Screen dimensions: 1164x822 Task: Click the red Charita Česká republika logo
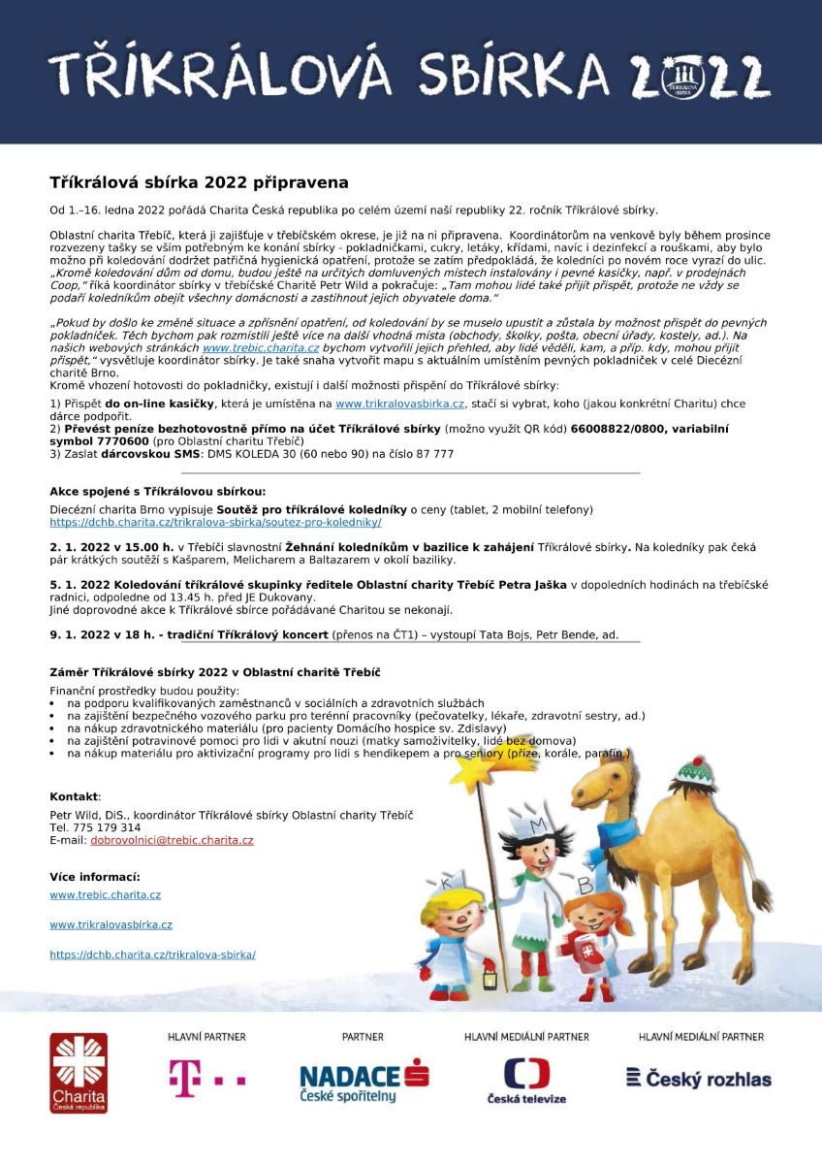click(x=79, y=1072)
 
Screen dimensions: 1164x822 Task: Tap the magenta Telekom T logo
click(x=206, y=1078)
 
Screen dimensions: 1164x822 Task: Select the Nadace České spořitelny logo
click(x=364, y=1080)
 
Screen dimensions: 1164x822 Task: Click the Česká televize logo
click(x=526, y=1080)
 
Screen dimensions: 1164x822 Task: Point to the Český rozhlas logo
click(x=699, y=1078)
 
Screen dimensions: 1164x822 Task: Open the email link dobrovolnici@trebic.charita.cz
click(x=172, y=841)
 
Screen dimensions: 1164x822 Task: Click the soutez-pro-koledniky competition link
click(x=216, y=522)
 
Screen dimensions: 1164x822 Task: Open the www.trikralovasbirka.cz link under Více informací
click(x=111, y=925)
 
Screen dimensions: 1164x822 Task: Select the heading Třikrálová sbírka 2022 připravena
click(x=199, y=182)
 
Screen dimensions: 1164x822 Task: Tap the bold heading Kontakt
click(x=74, y=795)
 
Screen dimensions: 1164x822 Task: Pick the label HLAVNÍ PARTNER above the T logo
click(x=205, y=1037)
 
